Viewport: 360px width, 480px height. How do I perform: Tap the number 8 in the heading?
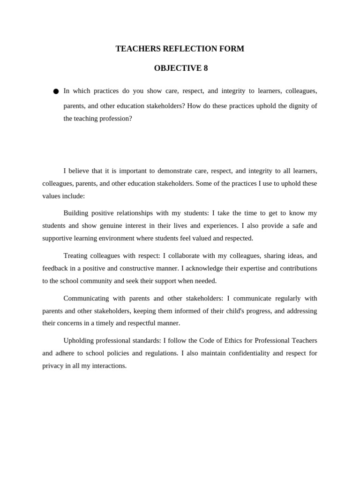coord(205,68)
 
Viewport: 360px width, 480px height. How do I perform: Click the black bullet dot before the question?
coord(56,91)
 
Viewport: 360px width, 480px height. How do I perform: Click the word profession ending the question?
coord(115,119)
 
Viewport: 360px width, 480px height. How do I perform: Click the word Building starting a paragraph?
coord(75,213)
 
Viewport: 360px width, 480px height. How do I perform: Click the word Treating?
coord(75,256)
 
